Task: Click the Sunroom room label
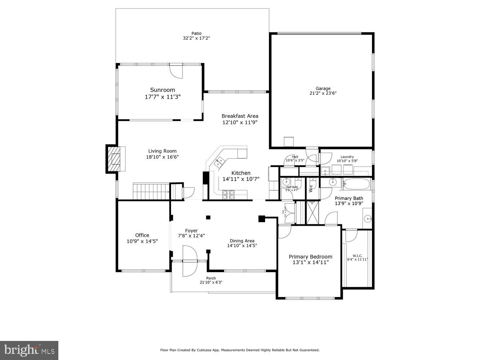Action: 162,90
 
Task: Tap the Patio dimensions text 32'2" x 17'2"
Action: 196,38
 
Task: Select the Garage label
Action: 323,89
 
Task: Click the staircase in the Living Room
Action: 151,191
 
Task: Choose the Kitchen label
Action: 241,173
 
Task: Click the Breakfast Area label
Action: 240,116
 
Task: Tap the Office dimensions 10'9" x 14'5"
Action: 142,241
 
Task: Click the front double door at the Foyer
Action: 190,261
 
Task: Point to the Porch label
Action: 211,278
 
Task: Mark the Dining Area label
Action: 242,241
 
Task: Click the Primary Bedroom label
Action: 310,257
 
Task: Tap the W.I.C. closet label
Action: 357,256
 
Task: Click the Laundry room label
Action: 347,157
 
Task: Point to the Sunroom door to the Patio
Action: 176,71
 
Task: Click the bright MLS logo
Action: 29,350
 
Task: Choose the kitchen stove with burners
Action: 228,195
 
